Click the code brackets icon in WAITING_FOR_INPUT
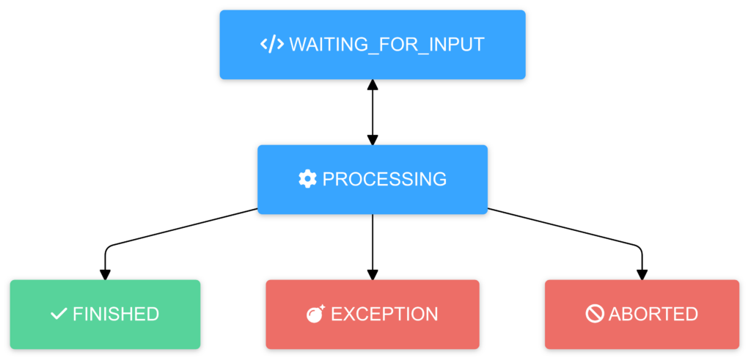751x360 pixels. click(x=272, y=44)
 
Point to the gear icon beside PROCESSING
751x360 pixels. click(x=307, y=179)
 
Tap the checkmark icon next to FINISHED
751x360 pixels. click(x=59, y=314)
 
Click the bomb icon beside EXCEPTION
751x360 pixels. click(x=315, y=314)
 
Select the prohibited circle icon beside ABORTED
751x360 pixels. click(x=595, y=314)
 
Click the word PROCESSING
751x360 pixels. click(x=384, y=179)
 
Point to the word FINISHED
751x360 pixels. click(x=116, y=314)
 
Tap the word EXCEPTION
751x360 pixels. click(x=384, y=314)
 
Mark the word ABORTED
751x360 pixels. click(x=653, y=314)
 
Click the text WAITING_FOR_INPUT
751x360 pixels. click(x=387, y=44)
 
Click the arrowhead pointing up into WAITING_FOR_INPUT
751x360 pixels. click(x=373, y=85)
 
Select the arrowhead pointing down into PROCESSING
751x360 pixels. click(x=373, y=139)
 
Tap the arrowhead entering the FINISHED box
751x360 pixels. click(x=105, y=274)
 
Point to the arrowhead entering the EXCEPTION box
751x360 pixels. click(x=373, y=274)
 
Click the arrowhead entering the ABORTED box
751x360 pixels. click(x=642, y=274)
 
